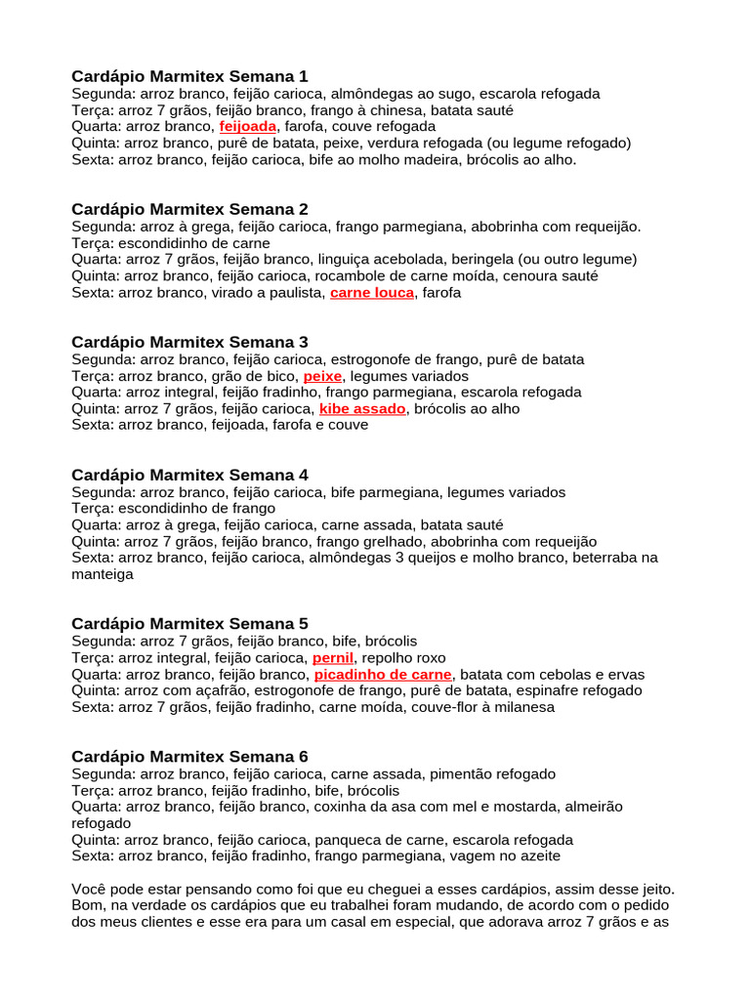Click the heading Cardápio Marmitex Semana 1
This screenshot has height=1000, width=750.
coord(189,76)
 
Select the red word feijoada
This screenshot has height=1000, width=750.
coord(248,127)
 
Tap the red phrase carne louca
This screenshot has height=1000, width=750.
coord(372,293)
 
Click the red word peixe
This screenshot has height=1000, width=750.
coord(322,376)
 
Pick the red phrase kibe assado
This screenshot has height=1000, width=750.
coord(362,409)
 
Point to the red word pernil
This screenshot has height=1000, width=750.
coord(332,658)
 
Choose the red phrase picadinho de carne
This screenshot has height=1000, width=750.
coord(383,675)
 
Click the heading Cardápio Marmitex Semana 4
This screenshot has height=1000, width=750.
coord(189,475)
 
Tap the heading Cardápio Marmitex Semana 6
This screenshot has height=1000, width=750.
coord(189,757)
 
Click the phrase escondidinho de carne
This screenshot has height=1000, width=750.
coord(195,243)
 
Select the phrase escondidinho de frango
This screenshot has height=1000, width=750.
coord(198,509)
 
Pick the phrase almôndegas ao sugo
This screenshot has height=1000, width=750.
coord(394,94)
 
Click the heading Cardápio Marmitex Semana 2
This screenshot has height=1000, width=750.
coord(189,209)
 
